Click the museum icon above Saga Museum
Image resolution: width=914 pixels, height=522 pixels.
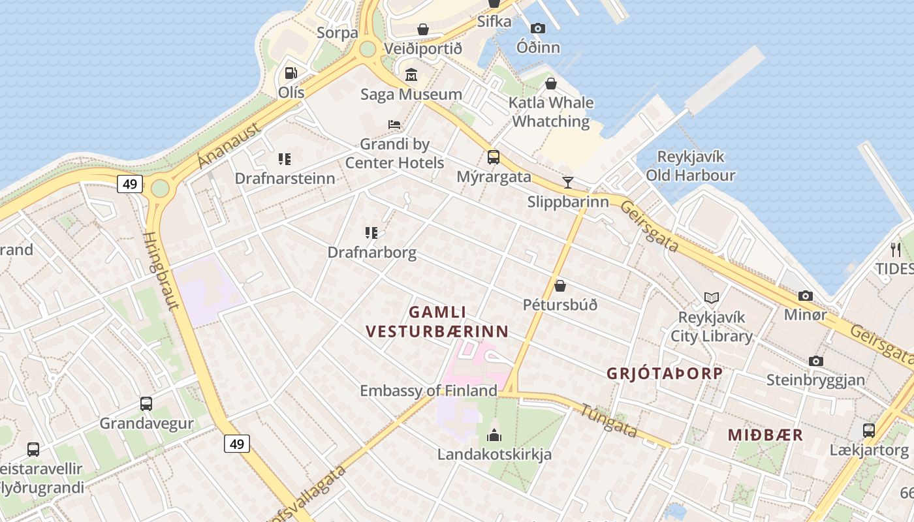point(411,75)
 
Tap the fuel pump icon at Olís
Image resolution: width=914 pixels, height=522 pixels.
point(291,73)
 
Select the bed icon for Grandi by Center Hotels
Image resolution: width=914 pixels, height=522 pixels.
point(394,125)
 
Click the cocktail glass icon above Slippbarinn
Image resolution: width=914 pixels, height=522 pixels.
point(568,183)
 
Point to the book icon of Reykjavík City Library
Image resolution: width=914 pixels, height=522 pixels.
point(712,298)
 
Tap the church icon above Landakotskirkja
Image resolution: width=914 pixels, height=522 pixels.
point(494,435)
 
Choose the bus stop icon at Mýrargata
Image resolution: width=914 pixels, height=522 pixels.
point(494,157)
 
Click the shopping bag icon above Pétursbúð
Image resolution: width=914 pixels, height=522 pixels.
point(559,286)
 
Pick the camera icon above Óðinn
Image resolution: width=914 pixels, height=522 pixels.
point(538,28)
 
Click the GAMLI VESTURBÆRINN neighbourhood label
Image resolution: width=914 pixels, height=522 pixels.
point(437,322)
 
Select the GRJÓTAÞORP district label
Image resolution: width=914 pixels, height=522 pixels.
point(665,373)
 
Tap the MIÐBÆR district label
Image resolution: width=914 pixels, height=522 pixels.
point(765,435)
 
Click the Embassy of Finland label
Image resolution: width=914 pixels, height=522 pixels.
point(428,391)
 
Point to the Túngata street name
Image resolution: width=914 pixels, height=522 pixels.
point(608,421)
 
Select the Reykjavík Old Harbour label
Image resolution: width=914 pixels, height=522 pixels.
point(691,166)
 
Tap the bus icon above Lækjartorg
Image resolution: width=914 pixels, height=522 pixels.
point(869,431)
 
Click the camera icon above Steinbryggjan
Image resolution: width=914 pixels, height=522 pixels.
point(815,361)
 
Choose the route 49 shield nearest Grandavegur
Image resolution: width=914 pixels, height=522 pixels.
point(237,444)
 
